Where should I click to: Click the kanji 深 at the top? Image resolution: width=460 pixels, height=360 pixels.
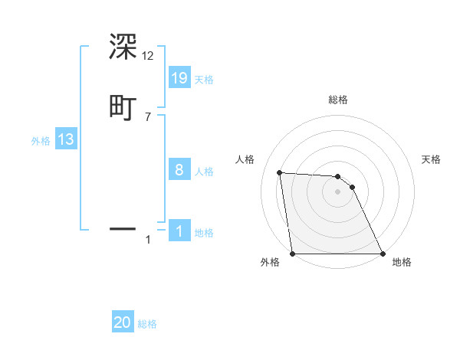pyautogui.click(x=123, y=47)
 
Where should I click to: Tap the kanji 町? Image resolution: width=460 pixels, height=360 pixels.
pyautogui.click(x=123, y=106)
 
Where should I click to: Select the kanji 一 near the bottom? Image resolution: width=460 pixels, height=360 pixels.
pyautogui.click(x=123, y=228)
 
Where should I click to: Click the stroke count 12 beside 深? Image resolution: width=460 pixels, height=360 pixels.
pyautogui.click(x=148, y=56)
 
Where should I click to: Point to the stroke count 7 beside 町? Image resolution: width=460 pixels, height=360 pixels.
pyautogui.click(x=148, y=116)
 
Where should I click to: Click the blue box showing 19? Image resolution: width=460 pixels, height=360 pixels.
pyautogui.click(x=179, y=77)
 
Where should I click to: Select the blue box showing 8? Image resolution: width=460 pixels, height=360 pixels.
pyautogui.click(x=179, y=170)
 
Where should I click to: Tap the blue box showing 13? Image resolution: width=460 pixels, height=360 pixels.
pyautogui.click(x=66, y=139)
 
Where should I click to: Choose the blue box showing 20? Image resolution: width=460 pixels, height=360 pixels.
pyautogui.click(x=123, y=322)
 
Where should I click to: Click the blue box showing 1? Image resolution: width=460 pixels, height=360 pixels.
pyautogui.click(x=179, y=231)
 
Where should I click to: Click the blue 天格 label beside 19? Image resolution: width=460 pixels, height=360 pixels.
pyautogui.click(x=204, y=80)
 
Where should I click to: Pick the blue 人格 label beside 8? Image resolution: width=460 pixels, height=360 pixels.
pyautogui.click(x=204, y=172)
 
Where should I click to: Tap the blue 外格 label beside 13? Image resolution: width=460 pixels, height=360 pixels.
pyautogui.click(x=41, y=141)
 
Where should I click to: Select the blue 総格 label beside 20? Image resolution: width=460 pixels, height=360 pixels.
pyautogui.click(x=147, y=324)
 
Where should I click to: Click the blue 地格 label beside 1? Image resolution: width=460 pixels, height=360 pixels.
pyautogui.click(x=204, y=233)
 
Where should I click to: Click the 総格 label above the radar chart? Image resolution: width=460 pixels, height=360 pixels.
pyautogui.click(x=338, y=100)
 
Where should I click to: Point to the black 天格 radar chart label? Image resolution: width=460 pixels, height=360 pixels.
pyautogui.click(x=432, y=159)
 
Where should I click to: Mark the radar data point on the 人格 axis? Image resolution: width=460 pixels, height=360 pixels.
pyautogui.click(x=280, y=172)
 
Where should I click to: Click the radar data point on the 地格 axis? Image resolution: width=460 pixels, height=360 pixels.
pyautogui.click(x=382, y=254)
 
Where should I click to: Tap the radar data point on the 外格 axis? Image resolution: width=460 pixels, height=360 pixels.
pyautogui.click(x=293, y=254)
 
